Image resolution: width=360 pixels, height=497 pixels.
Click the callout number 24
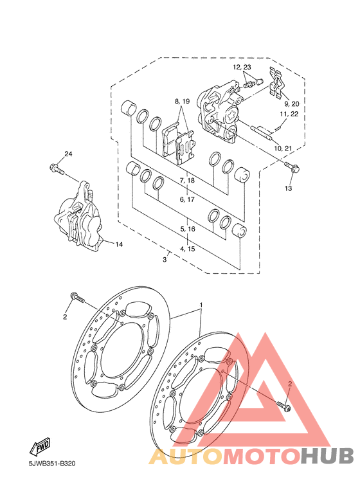pos(68,154)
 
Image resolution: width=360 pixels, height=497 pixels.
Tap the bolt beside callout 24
pos(57,168)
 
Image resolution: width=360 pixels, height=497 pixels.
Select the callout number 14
pos(119,244)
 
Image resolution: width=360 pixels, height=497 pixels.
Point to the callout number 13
pos(288,188)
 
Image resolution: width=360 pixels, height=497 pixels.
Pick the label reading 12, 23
pos(242,67)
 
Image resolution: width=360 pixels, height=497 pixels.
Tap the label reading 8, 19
pos(182,102)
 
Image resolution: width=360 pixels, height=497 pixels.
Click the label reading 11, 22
pos(289,113)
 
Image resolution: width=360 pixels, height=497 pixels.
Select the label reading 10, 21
pos(283,149)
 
